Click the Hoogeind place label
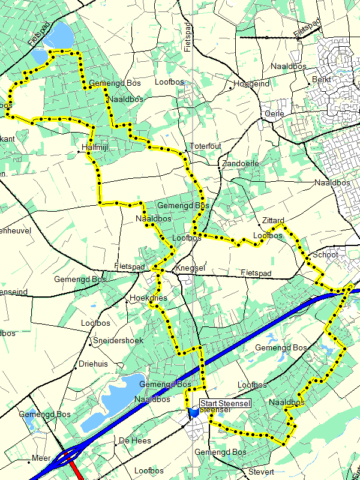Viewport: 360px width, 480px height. [x=251, y=84]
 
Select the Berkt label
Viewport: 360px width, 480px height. [x=322, y=79]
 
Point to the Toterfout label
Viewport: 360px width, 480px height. [x=205, y=146]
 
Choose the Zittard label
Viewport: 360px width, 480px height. [x=273, y=220]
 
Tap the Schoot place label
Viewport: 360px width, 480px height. [x=326, y=255]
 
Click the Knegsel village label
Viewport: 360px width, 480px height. [x=190, y=268]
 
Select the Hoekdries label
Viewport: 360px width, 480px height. [x=148, y=298]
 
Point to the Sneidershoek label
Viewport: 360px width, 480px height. [x=116, y=341]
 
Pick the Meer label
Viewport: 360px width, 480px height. [x=41, y=457]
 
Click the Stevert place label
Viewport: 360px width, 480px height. [x=261, y=472]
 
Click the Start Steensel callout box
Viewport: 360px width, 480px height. [x=225, y=403]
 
